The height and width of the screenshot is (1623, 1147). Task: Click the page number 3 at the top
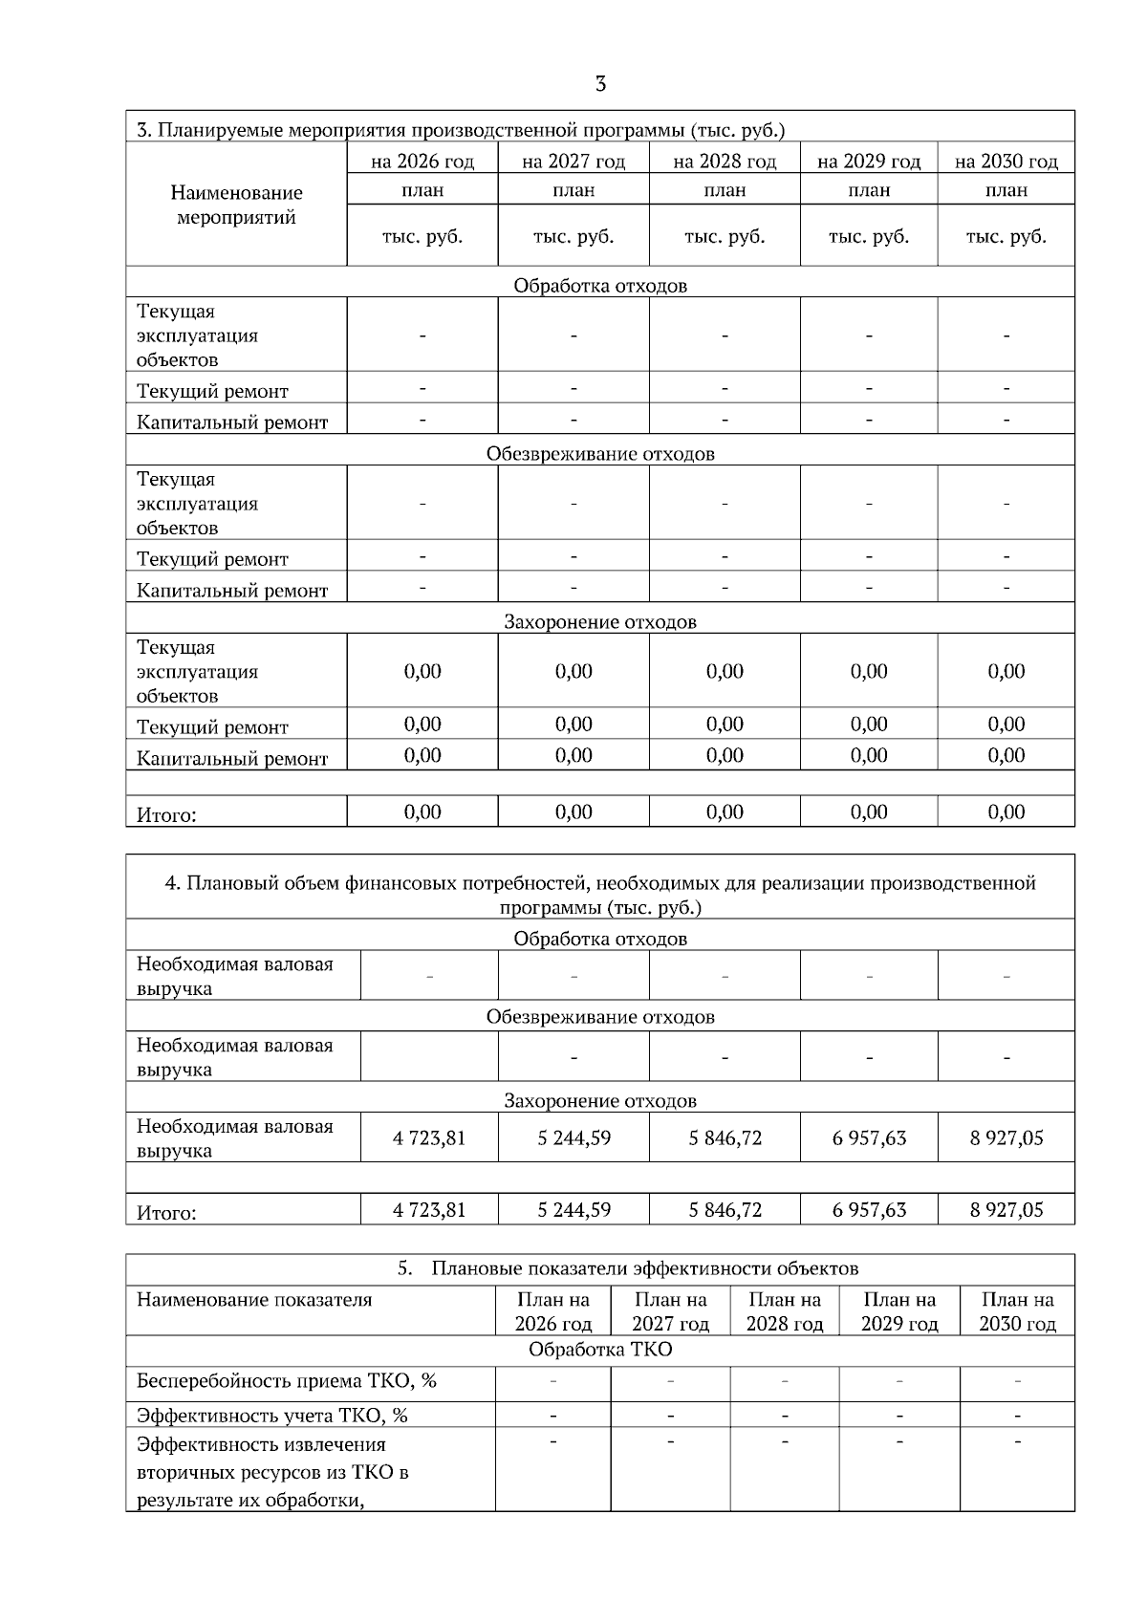point(600,84)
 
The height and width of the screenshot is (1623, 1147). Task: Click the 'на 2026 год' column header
point(422,161)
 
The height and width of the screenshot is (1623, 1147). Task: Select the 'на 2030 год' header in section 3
point(1006,161)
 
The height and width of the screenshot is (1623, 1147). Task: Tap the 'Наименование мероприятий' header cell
point(236,206)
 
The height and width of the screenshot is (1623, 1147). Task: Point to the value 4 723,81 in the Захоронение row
point(429,1137)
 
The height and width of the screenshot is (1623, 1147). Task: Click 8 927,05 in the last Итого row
point(1006,1210)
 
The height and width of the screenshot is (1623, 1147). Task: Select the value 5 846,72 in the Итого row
point(725,1210)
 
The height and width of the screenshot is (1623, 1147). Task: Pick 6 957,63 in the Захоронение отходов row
point(869,1137)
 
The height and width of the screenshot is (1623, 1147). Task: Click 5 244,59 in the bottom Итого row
point(573,1210)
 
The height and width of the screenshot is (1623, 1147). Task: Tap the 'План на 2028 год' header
point(784,1311)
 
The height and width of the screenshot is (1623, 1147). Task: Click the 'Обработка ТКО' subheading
point(600,1350)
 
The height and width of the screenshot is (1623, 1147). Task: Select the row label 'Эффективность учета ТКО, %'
point(272,1416)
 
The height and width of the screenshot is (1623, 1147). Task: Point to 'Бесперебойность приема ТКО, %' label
point(287,1381)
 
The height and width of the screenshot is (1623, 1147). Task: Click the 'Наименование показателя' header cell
point(254,1300)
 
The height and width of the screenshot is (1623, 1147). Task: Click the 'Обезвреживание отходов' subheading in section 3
point(600,453)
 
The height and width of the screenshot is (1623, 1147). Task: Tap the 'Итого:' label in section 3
point(166,815)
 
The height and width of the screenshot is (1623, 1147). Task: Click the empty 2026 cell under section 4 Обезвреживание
point(429,1057)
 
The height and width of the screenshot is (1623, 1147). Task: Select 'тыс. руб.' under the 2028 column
point(725,236)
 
